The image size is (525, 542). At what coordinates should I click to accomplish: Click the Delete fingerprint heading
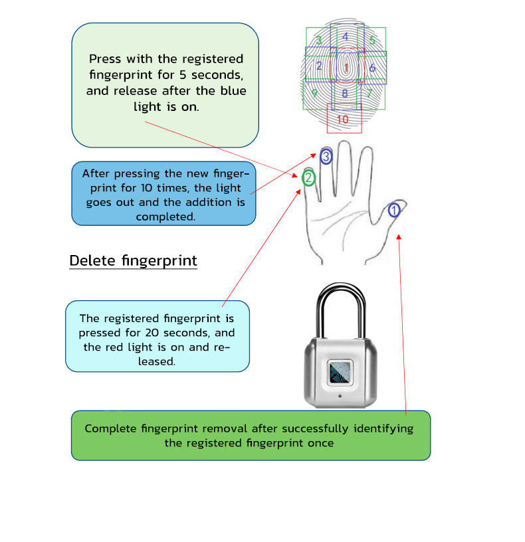[x=133, y=260]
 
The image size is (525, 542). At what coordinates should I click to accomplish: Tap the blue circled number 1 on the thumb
[x=394, y=211]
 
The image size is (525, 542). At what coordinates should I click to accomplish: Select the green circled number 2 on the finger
[x=308, y=178]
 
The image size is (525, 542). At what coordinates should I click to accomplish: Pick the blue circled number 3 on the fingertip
[x=326, y=157]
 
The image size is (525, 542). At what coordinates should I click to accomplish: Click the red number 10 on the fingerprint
[x=342, y=120]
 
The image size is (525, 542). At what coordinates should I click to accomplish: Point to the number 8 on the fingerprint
[x=344, y=94]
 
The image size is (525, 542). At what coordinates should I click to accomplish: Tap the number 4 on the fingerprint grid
[x=345, y=37]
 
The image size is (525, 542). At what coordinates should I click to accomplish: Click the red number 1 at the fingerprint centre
[x=346, y=68]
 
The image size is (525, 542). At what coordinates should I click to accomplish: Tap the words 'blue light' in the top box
[x=218, y=90]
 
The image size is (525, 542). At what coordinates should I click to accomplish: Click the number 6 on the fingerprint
[x=372, y=68]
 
